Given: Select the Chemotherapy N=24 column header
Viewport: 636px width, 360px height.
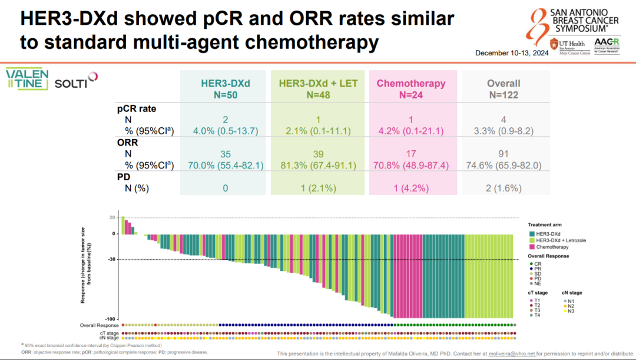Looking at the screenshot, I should click(x=411, y=88).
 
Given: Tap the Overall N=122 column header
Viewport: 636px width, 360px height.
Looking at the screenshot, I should click(x=503, y=88).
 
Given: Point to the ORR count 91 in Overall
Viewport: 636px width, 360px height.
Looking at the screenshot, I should click(x=503, y=154).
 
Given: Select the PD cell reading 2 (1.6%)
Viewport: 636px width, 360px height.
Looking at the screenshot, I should click(x=503, y=189).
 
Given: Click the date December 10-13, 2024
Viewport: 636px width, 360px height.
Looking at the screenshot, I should click(x=512, y=54).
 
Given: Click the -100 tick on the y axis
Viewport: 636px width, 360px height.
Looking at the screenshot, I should click(x=110, y=319).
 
